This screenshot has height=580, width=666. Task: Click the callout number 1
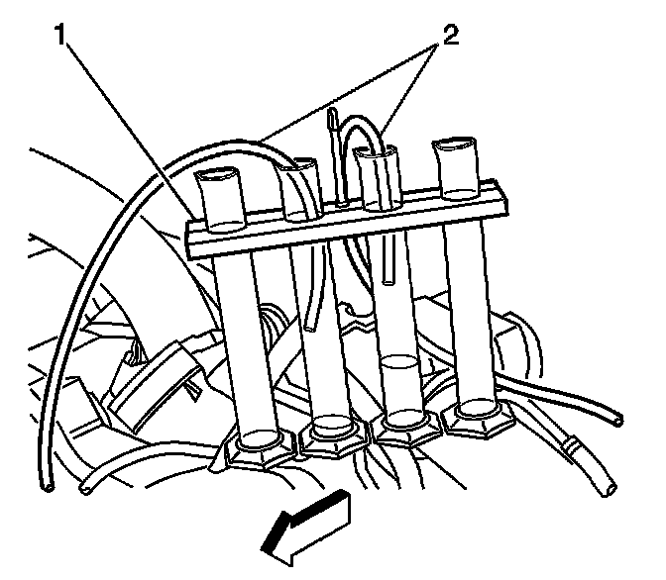point(60,38)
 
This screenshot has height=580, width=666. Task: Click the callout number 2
point(451,37)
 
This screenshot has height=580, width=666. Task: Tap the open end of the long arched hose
point(45,487)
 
